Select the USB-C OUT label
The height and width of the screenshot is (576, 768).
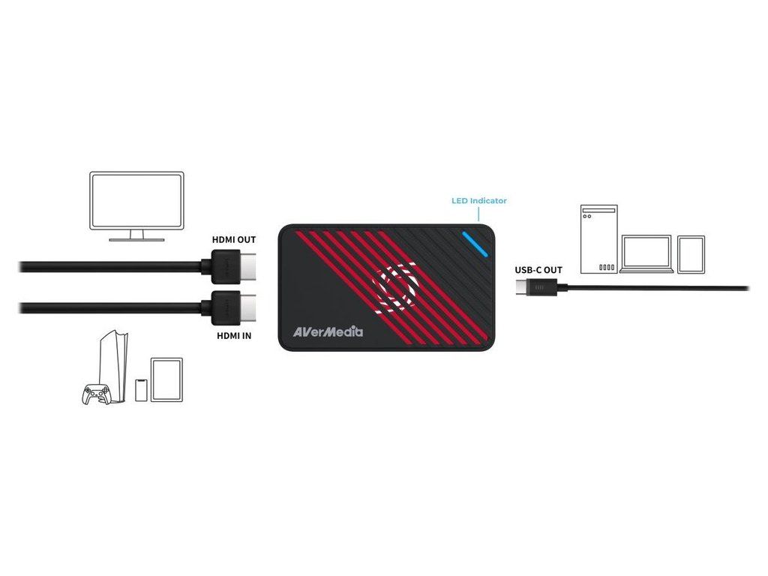tap(538, 270)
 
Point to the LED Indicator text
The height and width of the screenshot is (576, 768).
tap(478, 200)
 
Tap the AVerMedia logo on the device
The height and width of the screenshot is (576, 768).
tap(328, 330)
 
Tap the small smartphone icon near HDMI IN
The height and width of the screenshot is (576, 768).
tap(140, 389)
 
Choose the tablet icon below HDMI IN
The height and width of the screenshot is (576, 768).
tap(166, 379)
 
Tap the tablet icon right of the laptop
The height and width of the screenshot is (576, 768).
tap(691, 254)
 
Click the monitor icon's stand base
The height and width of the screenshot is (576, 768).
tap(136, 239)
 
